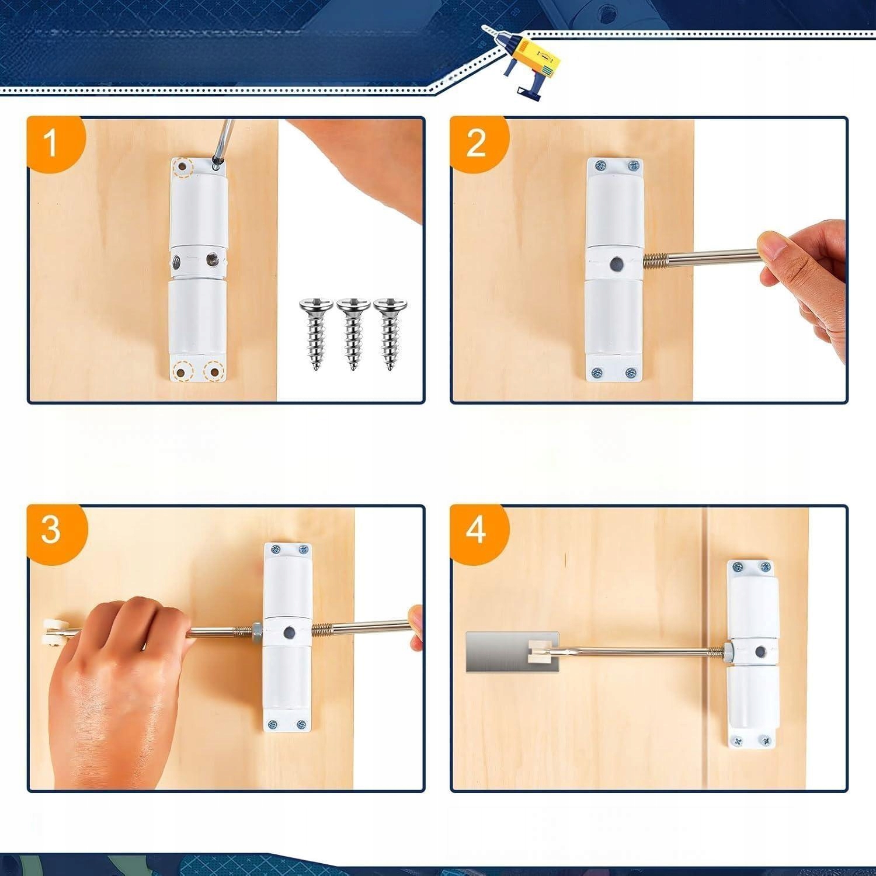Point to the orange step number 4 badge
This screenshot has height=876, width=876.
tap(478, 530)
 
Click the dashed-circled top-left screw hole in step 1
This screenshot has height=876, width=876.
tap(184, 168)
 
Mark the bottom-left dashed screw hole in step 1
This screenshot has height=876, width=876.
tap(184, 370)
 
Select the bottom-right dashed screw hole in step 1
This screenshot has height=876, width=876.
tap(214, 371)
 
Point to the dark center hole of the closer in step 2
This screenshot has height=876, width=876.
tap(614, 265)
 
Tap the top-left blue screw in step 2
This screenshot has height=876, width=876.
tap(599, 166)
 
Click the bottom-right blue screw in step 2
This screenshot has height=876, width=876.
tap(630, 372)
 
